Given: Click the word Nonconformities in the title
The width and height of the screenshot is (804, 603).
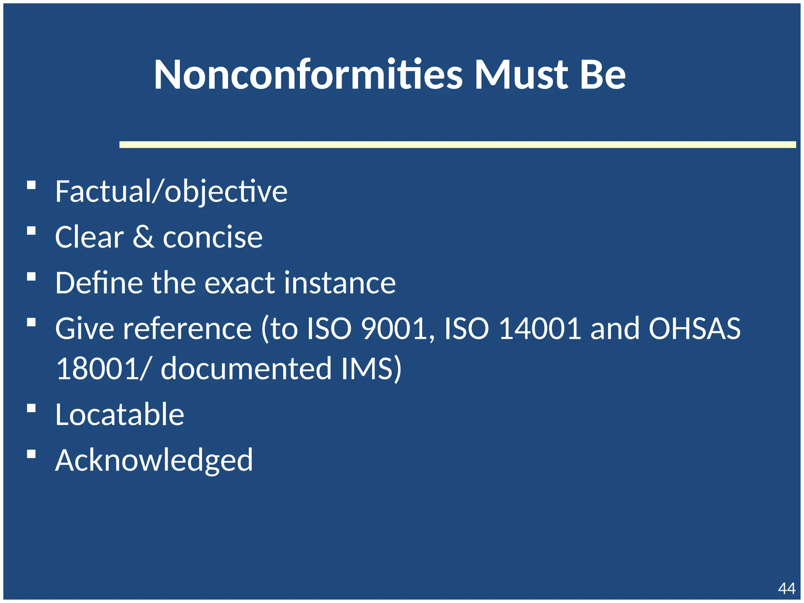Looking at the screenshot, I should (308, 75).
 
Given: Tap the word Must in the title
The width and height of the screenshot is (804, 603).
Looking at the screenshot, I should (521, 75).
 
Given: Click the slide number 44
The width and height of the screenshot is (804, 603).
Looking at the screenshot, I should (787, 588).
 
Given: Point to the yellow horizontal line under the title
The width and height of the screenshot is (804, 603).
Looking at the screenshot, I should (457, 144).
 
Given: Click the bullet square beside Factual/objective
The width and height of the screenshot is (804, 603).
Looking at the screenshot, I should (31, 185).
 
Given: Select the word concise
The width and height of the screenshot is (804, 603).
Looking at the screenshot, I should (212, 238).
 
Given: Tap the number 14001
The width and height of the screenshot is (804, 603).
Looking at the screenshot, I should (540, 328).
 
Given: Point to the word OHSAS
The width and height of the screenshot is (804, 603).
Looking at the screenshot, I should (694, 328).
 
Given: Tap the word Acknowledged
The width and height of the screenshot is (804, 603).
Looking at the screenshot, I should (154, 460).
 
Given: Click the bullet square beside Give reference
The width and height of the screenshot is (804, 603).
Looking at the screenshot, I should (31, 323).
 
